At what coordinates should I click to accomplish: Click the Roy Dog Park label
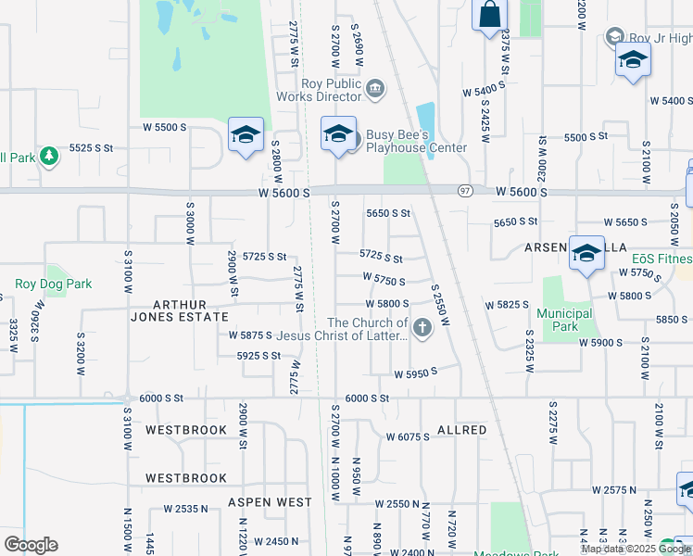point(53,284)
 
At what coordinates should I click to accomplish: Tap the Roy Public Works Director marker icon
point(375,89)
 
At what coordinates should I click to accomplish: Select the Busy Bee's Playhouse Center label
point(416,141)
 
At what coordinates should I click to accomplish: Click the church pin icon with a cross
point(422,327)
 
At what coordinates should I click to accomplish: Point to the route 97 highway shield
point(465,190)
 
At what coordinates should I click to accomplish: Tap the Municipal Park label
point(564,320)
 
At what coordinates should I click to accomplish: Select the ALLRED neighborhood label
point(461,430)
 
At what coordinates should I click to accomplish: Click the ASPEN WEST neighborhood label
point(270,502)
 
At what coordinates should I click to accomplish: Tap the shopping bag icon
point(490,16)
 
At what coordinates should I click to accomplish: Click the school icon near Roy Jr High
point(633,60)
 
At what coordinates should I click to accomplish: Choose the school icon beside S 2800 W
point(246,134)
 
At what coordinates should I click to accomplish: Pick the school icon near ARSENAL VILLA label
point(586,254)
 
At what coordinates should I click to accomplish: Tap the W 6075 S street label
point(408,436)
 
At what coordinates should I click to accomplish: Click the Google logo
point(31,545)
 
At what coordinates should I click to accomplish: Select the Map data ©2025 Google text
point(635,549)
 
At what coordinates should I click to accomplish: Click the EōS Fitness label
point(661,259)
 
